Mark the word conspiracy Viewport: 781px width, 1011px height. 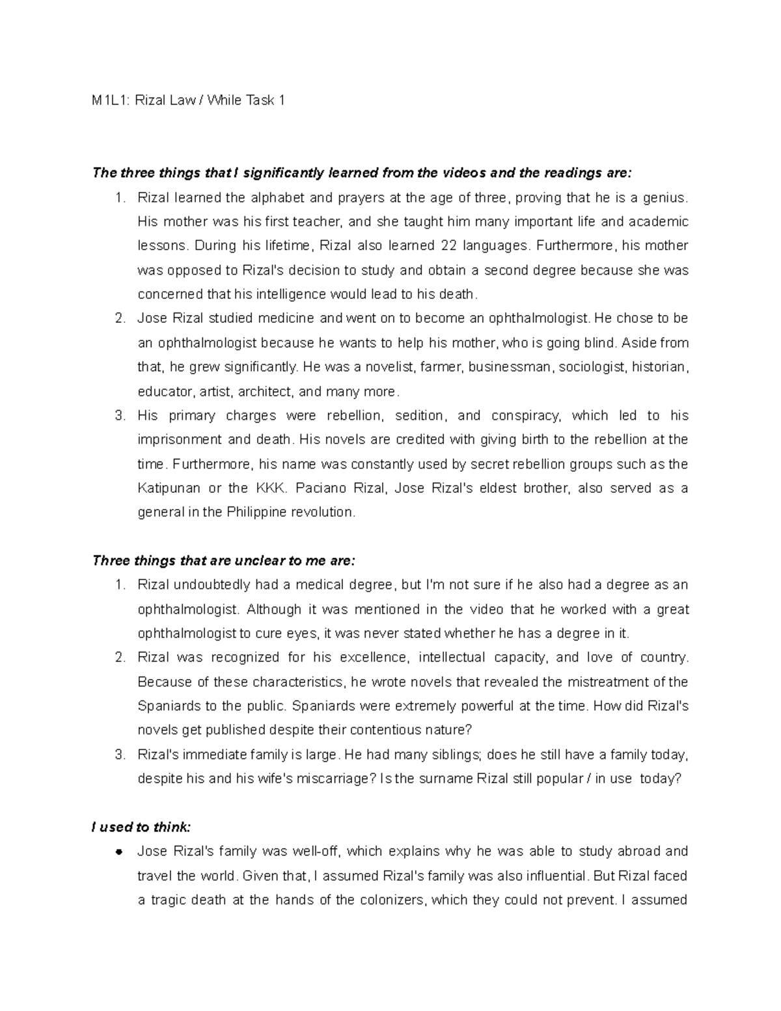tap(525, 416)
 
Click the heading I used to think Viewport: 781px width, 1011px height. tap(142, 827)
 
